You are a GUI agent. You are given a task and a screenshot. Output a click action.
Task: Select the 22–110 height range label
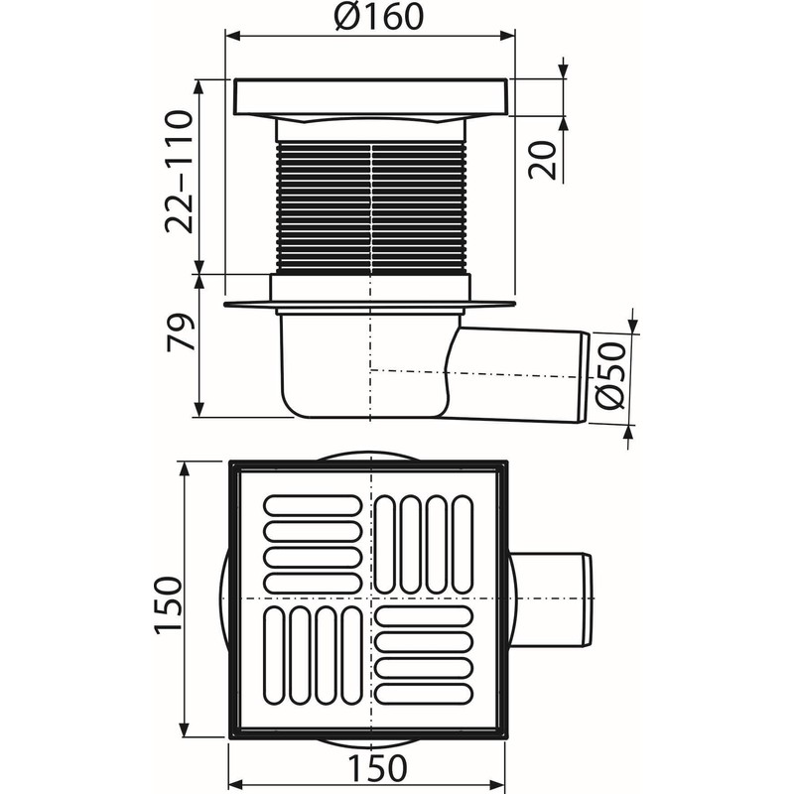(x=179, y=173)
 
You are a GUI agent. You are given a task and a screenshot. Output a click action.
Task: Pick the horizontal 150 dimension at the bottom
(x=370, y=768)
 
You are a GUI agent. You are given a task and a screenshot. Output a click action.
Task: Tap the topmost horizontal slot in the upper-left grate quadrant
(x=312, y=505)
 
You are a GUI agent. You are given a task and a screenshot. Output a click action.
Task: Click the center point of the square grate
(x=369, y=601)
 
